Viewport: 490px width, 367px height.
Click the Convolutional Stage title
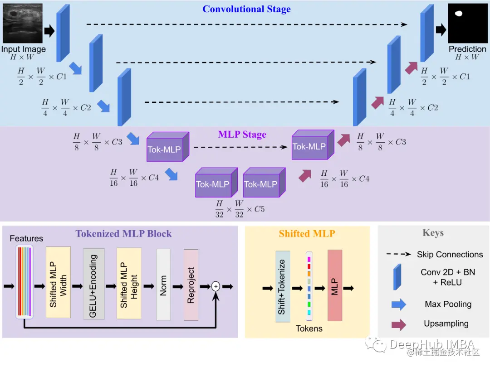click(x=246, y=9)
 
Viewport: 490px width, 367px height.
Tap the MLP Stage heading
click(x=242, y=135)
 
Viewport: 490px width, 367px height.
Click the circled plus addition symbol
click(x=216, y=286)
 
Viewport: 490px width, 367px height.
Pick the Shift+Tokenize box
click(x=282, y=286)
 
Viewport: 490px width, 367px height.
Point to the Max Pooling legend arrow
click(x=398, y=304)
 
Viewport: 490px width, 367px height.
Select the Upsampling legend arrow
click(x=398, y=324)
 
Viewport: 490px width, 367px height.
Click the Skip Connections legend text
click(x=450, y=255)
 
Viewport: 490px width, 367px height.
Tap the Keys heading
click(x=433, y=233)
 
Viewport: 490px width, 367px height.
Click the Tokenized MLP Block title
click(x=123, y=234)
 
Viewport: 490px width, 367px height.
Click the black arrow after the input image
click(x=49, y=31)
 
